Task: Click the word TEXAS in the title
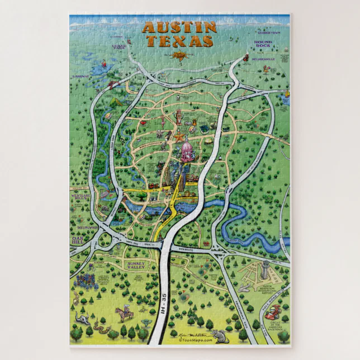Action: click(x=179, y=41)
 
